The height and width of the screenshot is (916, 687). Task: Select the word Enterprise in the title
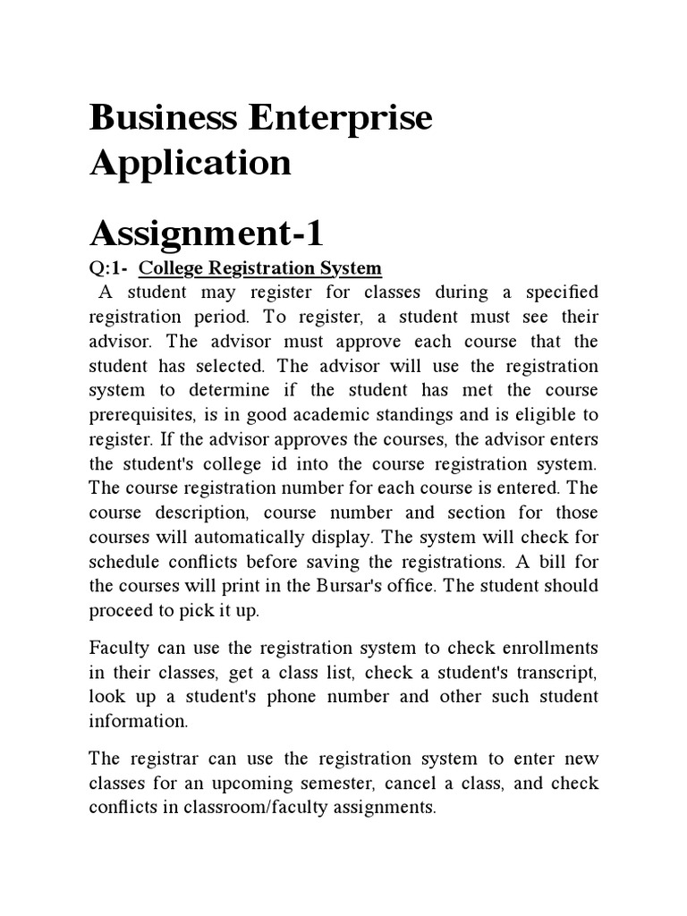click(344, 119)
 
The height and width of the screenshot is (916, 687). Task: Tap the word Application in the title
click(190, 163)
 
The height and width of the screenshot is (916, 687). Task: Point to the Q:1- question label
click(108, 268)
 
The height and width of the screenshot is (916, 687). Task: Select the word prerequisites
click(147, 415)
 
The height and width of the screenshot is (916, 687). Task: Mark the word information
click(139, 721)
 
